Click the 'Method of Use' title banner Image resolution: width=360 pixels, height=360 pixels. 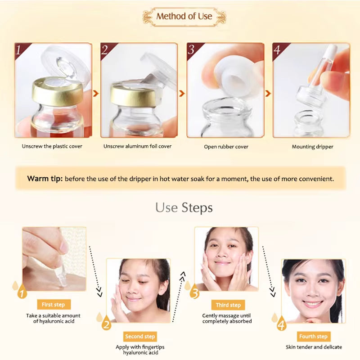click(x=184, y=17)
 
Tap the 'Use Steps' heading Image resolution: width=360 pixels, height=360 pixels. click(x=184, y=207)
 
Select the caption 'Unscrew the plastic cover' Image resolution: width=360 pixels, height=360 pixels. click(x=52, y=146)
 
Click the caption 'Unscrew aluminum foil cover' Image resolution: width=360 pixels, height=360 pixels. click(x=137, y=146)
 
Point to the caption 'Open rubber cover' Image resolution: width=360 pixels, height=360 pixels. click(x=225, y=147)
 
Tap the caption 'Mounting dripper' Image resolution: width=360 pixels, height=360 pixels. click(x=312, y=147)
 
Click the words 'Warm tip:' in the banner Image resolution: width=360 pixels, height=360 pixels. click(x=44, y=179)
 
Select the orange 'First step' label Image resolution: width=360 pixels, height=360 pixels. click(x=53, y=305)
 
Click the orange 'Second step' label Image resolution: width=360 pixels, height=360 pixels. click(x=140, y=336)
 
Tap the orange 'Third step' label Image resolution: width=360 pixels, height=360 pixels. click(x=228, y=305)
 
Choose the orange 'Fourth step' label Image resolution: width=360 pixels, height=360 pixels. click(x=313, y=336)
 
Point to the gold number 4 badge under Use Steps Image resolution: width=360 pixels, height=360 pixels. click(x=281, y=324)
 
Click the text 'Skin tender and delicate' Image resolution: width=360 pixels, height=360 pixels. click(x=314, y=347)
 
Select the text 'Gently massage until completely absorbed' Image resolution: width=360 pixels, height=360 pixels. click(x=227, y=319)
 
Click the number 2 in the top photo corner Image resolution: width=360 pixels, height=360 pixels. click(x=105, y=50)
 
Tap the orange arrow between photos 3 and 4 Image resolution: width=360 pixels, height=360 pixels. click(x=268, y=94)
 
